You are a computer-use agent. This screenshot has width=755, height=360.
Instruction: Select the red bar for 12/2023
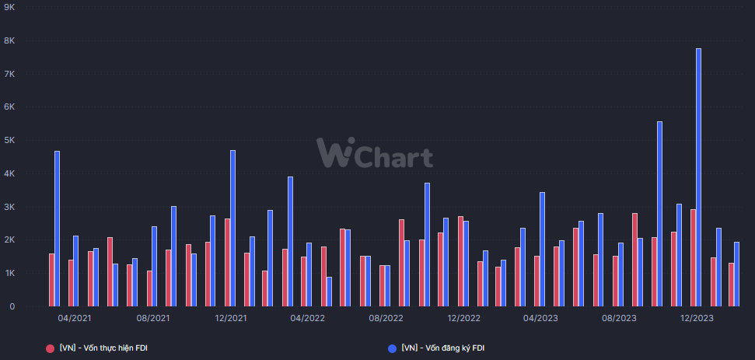click(693, 257)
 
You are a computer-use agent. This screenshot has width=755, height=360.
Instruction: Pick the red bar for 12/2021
click(227, 262)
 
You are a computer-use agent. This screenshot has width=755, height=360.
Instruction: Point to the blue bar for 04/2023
click(542, 249)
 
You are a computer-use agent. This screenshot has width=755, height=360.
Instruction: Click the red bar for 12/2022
click(460, 261)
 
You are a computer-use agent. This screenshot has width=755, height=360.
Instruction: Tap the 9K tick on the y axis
click(10, 7)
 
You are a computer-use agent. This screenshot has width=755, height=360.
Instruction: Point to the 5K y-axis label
click(10, 140)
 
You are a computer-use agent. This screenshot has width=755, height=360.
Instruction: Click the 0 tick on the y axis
click(12, 306)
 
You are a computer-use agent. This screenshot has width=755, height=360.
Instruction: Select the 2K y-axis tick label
click(10, 240)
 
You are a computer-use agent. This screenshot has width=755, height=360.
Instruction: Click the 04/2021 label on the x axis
click(75, 318)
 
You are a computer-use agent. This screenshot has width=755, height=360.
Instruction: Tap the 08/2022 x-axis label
click(386, 318)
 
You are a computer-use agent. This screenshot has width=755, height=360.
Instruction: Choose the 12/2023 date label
click(697, 318)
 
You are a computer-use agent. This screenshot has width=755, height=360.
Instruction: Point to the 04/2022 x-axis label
click(308, 318)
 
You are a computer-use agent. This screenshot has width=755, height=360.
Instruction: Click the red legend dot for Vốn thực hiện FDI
click(51, 348)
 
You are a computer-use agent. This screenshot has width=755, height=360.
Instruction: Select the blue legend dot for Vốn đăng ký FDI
click(392, 348)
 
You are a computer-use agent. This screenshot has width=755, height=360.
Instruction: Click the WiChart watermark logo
click(374, 152)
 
